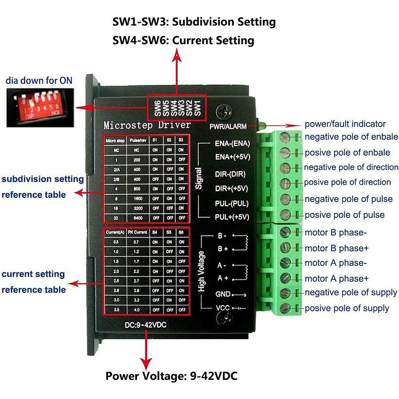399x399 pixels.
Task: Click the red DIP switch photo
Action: pos(40,107)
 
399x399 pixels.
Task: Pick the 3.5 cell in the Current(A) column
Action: pos(116,309)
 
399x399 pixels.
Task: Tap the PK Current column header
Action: pos(138,232)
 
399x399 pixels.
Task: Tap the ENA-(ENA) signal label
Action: pos(232,143)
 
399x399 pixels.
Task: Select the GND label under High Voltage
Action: pos(223,294)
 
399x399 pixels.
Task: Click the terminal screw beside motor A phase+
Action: pos(285,278)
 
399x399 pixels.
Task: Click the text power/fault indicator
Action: pos(345,124)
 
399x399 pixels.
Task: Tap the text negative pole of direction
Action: pos(351,167)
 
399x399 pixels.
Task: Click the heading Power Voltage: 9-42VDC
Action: pos(171,376)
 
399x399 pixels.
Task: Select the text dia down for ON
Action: pos(39,81)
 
